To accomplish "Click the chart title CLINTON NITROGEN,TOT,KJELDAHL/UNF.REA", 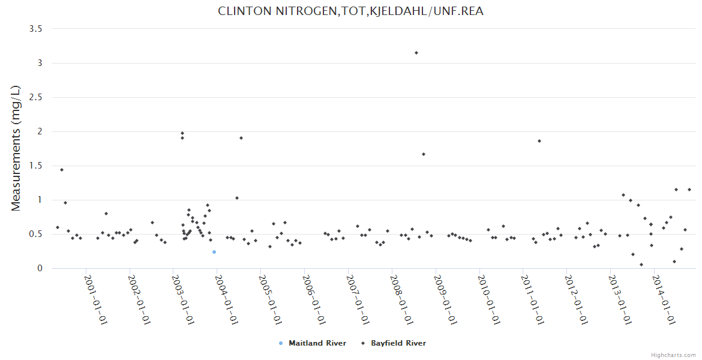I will (x=350, y=11).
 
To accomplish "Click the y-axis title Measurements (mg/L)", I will (x=16, y=148).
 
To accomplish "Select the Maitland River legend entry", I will (x=317, y=343).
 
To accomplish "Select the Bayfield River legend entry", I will (x=398, y=343).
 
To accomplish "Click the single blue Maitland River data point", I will (x=214, y=252).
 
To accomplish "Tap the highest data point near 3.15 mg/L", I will (x=416, y=53).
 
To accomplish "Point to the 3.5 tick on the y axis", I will (x=40, y=29).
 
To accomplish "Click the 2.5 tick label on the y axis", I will (x=40, y=97).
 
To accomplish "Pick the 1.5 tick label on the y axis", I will (x=40, y=166).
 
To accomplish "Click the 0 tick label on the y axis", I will (x=41, y=268).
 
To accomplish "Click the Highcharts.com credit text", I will (x=673, y=355).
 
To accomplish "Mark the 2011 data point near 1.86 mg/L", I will (x=539, y=141).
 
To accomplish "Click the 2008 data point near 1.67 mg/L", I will (x=424, y=154).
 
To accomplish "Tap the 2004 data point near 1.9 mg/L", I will (x=241, y=138).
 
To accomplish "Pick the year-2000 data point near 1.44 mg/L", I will (x=62, y=170).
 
